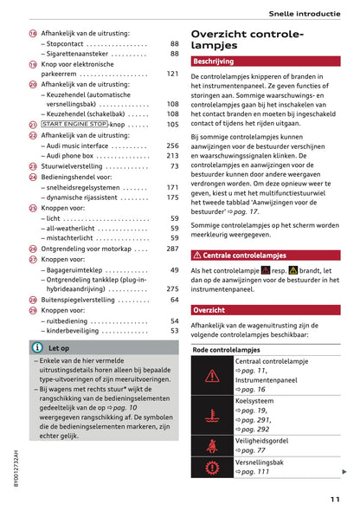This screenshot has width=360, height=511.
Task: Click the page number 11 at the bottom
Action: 334,498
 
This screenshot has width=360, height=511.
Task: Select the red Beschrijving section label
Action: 213,61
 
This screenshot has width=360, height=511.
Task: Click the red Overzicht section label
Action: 209,310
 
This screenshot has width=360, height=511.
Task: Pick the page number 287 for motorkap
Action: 172,249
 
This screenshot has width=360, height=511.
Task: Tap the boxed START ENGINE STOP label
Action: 74,125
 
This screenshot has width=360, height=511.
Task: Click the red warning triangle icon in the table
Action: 212,376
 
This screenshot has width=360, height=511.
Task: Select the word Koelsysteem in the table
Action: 256,401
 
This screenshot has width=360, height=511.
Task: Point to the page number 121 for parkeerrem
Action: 172,74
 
